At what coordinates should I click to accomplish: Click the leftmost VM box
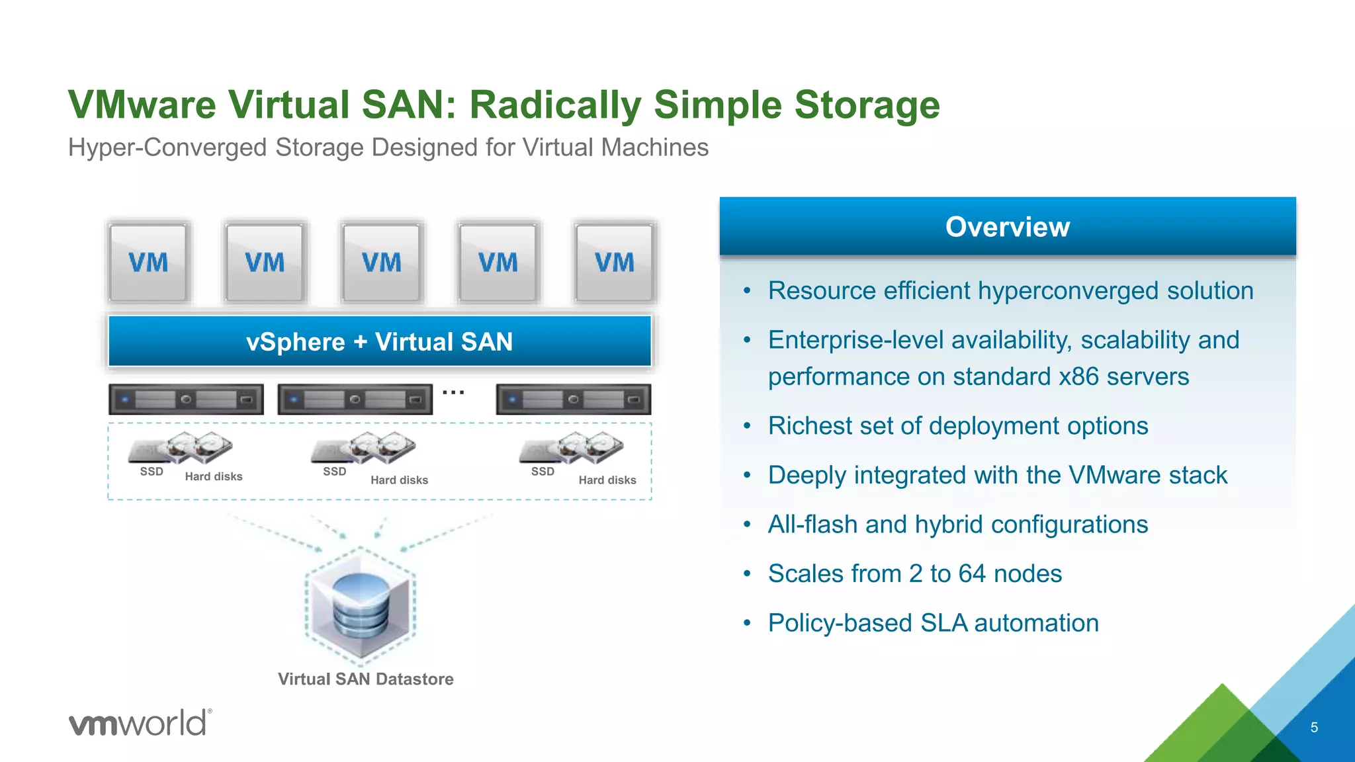click(148, 263)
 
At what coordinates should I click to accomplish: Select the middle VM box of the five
click(381, 263)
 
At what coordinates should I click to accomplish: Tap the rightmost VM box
click(614, 263)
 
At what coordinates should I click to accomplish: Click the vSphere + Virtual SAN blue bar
click(380, 341)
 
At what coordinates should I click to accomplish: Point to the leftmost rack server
click(186, 400)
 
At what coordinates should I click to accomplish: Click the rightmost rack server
click(573, 400)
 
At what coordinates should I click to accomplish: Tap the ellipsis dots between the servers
click(453, 392)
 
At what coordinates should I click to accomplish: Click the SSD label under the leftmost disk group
click(152, 472)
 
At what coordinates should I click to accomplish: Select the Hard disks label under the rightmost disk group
click(607, 480)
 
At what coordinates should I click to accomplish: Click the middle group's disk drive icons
click(364, 448)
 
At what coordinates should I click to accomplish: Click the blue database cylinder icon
click(361, 604)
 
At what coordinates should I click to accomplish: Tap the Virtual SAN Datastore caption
click(365, 679)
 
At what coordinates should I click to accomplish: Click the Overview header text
click(1007, 227)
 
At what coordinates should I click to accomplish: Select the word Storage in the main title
click(867, 105)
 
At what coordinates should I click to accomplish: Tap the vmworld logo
click(140, 722)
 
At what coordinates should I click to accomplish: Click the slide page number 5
click(1314, 728)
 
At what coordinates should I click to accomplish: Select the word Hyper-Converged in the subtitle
click(169, 148)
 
